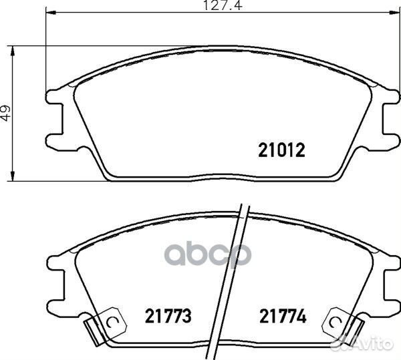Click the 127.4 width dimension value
[223, 5]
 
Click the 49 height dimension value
[6, 113]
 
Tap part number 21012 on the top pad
[282, 150]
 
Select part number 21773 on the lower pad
[168, 316]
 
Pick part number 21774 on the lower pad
[283, 316]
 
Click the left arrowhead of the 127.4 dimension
[51, 13]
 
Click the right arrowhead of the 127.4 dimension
[394, 13]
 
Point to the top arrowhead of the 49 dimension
[12, 51]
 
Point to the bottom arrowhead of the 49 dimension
[12, 176]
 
